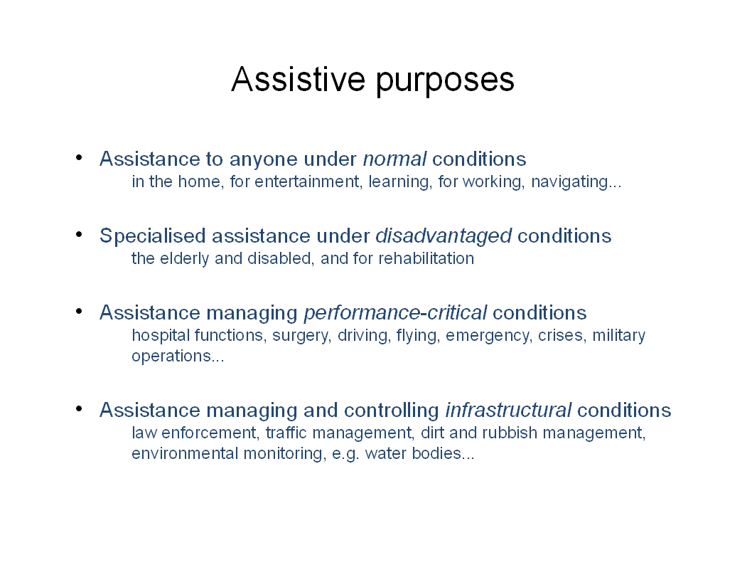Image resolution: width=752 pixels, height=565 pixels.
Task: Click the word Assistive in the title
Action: pyautogui.click(x=298, y=79)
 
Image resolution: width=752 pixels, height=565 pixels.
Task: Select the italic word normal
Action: pyautogui.click(x=394, y=159)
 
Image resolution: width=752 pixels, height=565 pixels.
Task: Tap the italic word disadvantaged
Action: pyautogui.click(x=444, y=236)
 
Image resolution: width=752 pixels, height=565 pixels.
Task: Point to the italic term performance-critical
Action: pyautogui.click(x=396, y=313)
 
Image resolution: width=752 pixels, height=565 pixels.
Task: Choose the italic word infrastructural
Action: pyautogui.click(x=508, y=410)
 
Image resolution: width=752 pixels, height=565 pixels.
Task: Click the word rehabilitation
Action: pyautogui.click(x=426, y=258)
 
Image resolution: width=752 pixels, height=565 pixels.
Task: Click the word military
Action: pyautogui.click(x=618, y=336)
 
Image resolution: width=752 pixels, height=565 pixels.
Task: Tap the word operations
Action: pyautogui.click(x=171, y=357)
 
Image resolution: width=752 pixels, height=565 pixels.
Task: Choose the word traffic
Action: pyautogui.click(x=286, y=433)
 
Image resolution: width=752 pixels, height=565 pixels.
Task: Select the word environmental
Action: pyautogui.click(x=185, y=453)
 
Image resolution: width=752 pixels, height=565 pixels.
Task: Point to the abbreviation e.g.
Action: pyautogui.click(x=345, y=454)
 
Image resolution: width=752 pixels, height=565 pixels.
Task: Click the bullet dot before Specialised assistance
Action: pyautogui.click(x=79, y=234)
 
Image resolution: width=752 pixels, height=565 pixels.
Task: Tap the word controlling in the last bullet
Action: pyautogui.click(x=392, y=411)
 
